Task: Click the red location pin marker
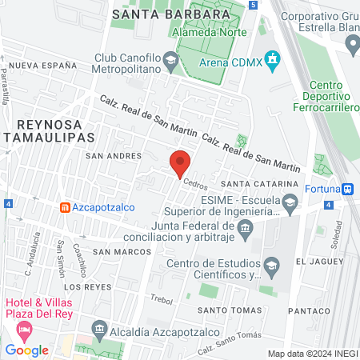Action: (x=180, y=163)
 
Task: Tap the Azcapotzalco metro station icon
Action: (x=64, y=206)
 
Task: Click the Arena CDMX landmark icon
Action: (x=274, y=59)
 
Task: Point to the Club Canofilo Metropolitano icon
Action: (x=170, y=59)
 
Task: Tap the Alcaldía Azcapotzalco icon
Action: (x=99, y=327)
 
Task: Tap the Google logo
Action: (x=26, y=350)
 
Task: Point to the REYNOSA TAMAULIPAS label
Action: (x=50, y=131)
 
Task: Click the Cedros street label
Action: (x=194, y=182)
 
